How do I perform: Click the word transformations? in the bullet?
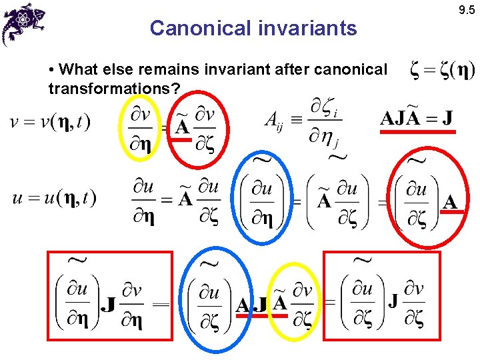[x=110, y=89]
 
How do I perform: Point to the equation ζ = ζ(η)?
[x=442, y=70]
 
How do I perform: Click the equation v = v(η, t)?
[x=51, y=123]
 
